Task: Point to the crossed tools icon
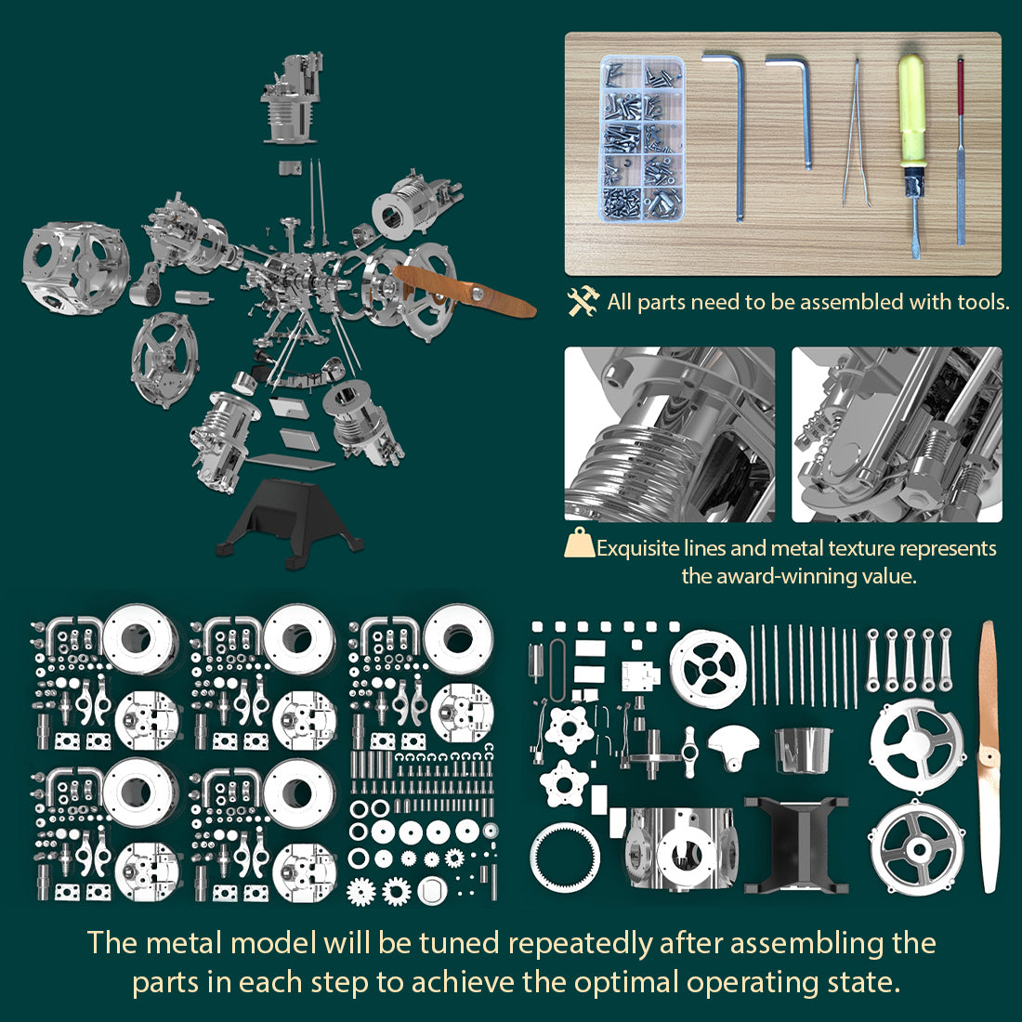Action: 583,301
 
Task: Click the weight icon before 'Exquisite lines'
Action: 579,544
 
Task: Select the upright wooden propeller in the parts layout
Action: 989,757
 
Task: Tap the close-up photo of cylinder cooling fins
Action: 669,434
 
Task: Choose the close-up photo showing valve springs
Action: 897,434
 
